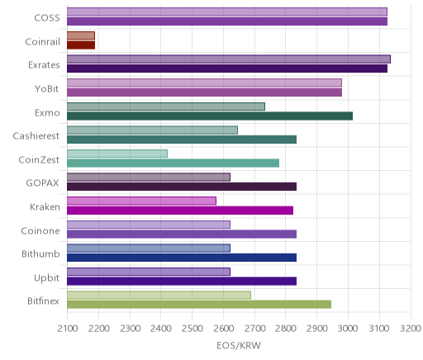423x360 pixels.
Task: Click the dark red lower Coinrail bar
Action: [81, 45]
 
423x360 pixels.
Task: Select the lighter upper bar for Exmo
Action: [166, 107]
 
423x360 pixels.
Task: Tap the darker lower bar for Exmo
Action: [210, 116]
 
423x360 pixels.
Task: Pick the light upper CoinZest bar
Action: [117, 154]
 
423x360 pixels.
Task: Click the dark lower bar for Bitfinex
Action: [199, 305]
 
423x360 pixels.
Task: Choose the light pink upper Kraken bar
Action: [141, 201]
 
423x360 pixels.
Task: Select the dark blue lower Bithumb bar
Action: [182, 258]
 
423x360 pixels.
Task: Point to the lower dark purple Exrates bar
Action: [227, 69]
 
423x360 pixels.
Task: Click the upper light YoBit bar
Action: [204, 83]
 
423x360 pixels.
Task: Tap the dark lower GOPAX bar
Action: [182, 187]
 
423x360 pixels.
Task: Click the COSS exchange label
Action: [47, 18]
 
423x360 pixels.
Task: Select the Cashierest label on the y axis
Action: [36, 136]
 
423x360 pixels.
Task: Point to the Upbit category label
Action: [46, 278]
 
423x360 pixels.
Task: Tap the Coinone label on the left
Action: [40, 230]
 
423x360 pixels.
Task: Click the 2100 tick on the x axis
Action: [68, 329]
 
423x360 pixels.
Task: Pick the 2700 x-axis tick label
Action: [254, 329]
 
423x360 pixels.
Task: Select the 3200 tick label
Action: [411, 329]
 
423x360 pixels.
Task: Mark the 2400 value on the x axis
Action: [161, 329]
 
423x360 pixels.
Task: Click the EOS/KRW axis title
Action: [239, 345]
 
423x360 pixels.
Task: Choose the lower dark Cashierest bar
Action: [182, 140]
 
